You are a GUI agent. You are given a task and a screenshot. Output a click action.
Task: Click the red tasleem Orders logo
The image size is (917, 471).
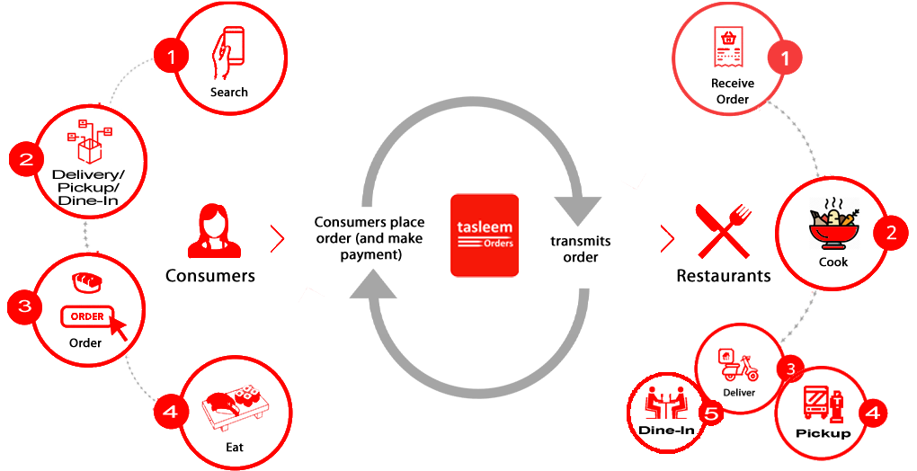485,235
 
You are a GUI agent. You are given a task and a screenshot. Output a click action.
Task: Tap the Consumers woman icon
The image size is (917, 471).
214,231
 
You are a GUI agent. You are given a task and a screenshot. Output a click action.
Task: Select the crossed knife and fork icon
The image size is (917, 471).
724,231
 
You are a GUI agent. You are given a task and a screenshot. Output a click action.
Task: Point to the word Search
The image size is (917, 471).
228,92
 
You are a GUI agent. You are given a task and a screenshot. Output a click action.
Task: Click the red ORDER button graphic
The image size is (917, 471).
87,316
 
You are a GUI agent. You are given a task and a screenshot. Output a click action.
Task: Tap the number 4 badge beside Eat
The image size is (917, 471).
170,412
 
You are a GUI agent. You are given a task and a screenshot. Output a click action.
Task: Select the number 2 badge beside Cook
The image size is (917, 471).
891,233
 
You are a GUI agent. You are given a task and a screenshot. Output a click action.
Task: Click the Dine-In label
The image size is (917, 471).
667,431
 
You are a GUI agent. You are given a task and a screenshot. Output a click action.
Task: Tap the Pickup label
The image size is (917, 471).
823,433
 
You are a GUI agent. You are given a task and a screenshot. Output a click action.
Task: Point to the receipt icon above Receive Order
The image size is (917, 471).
729,46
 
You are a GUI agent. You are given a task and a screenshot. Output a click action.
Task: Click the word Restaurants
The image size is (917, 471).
724,275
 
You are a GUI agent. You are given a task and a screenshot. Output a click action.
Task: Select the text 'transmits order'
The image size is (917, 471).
580,249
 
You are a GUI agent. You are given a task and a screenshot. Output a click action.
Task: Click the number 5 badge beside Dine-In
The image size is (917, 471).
710,413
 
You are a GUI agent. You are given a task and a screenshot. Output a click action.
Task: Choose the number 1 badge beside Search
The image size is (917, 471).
172,57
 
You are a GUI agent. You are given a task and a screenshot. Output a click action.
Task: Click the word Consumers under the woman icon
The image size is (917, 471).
210,275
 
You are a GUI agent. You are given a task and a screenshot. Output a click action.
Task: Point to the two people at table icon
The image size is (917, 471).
666,403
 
